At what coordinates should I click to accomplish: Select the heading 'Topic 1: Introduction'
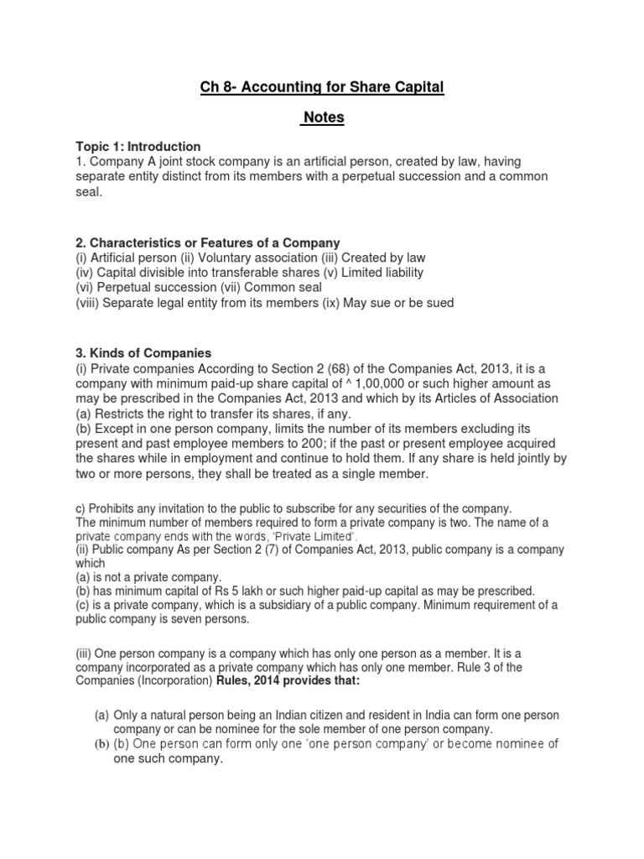[138, 146]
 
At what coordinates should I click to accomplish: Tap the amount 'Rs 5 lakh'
[249, 591]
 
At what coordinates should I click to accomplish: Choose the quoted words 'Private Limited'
[315, 536]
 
